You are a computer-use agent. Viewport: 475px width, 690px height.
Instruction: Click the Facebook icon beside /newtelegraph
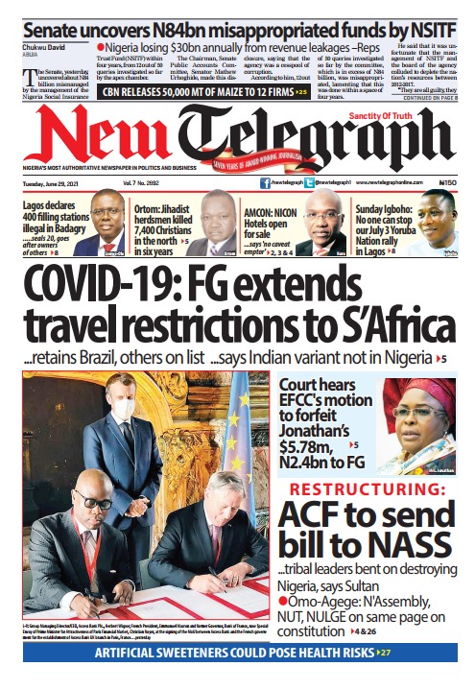click(x=265, y=181)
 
